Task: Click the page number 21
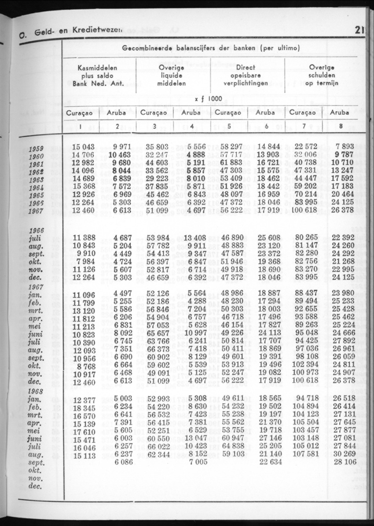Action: pos(359,30)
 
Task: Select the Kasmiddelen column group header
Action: pos(97,68)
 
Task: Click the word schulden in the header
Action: pos(322,76)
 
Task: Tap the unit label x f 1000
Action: pos(208,99)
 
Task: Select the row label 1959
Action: pos(36,149)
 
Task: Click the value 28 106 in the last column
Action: pos(345,461)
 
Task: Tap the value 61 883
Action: pos(231,163)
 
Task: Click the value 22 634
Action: pos(269,461)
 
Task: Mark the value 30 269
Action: pos(345,454)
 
